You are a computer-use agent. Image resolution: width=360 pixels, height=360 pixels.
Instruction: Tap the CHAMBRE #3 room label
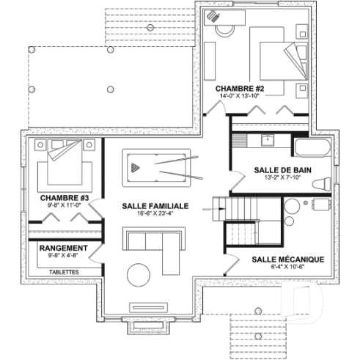click(x=64, y=197)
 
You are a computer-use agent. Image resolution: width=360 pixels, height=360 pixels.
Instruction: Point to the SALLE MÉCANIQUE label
click(x=287, y=260)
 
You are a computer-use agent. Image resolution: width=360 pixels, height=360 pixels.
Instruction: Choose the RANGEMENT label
click(x=63, y=249)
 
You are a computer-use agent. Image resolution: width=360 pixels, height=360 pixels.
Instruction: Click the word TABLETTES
click(x=65, y=272)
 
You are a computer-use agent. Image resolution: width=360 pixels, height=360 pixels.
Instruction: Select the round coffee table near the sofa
click(x=139, y=275)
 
